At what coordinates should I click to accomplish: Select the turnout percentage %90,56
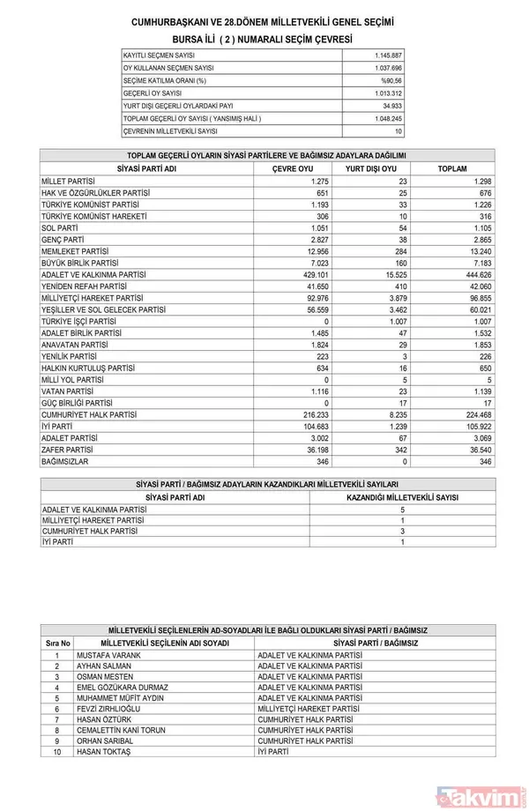391,80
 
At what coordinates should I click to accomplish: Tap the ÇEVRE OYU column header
293,168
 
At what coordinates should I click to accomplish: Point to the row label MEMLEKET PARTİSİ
75,250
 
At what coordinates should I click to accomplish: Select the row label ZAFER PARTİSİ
69,449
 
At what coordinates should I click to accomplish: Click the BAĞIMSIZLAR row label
64,461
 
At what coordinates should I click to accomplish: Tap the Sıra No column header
56,644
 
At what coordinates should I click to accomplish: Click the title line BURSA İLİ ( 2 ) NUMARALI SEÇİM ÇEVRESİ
262,40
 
